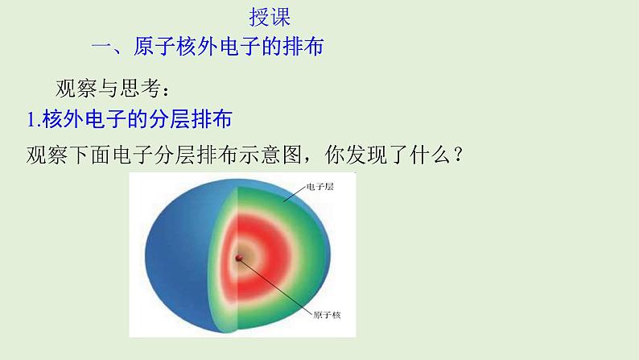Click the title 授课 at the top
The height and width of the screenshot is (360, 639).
[270, 17]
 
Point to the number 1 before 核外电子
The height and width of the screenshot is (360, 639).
[31, 120]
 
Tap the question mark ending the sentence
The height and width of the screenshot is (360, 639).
[456, 153]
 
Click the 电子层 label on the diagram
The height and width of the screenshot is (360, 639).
[319, 187]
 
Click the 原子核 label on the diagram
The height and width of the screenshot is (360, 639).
[324, 314]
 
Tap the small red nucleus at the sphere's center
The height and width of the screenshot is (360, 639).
[238, 258]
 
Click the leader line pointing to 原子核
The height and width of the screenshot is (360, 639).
[274, 286]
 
